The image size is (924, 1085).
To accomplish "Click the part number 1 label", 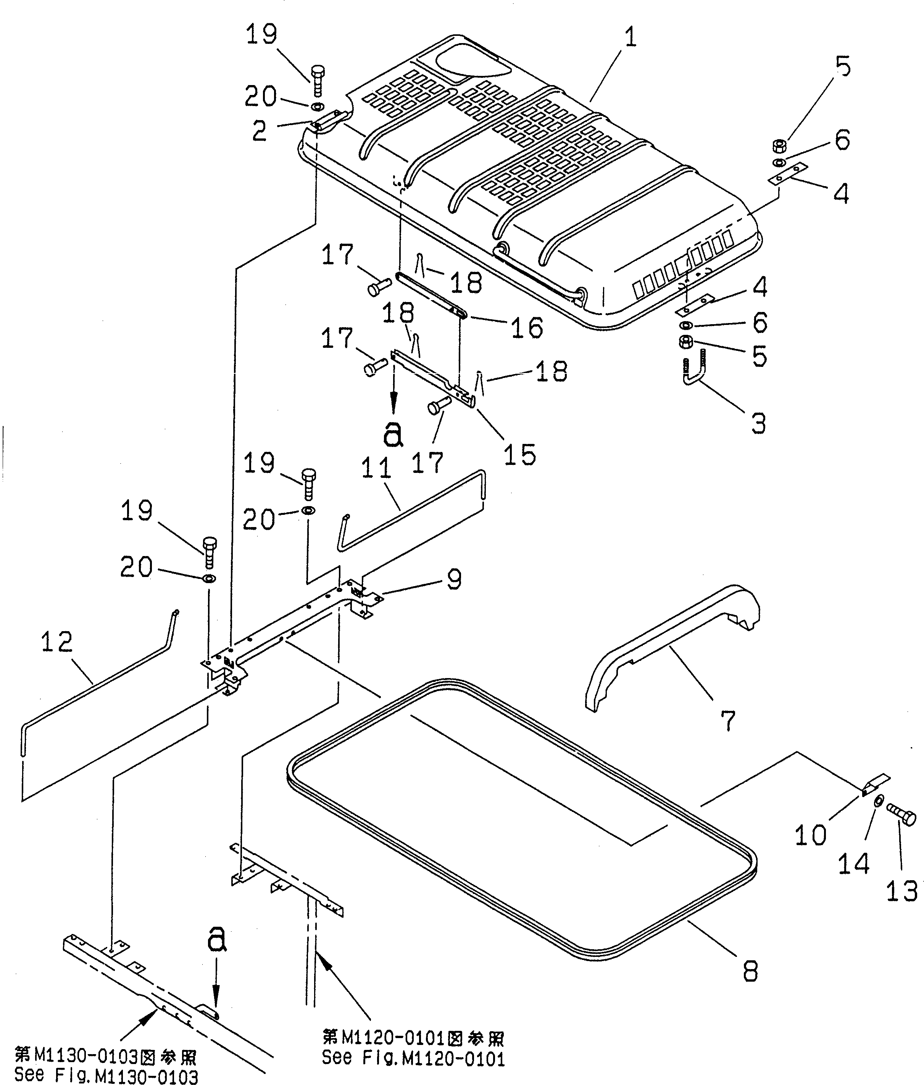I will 630,38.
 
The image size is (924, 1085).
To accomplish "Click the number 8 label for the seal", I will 750,972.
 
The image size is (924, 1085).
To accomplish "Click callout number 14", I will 853,863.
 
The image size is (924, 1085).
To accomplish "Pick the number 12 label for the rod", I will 56,642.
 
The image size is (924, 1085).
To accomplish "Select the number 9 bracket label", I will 454,579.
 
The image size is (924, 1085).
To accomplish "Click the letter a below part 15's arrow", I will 393,434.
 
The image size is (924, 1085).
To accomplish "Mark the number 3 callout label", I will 758,423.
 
